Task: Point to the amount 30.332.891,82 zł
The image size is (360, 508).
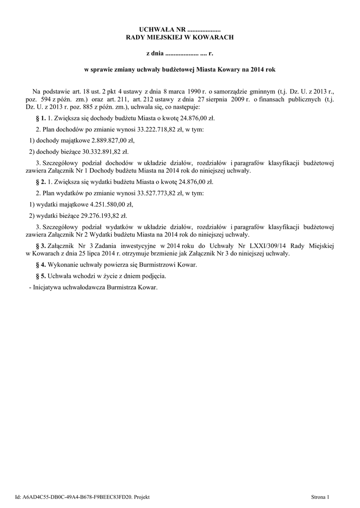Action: coord(96,151)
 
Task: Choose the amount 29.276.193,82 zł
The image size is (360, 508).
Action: coord(95,215)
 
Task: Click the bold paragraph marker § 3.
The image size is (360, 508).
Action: coord(41,246)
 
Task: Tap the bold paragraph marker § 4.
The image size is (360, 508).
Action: coord(41,264)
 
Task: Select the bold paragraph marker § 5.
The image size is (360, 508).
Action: coord(41,276)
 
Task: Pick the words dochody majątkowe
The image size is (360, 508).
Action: coord(59,140)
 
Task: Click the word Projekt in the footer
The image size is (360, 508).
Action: coord(142,497)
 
